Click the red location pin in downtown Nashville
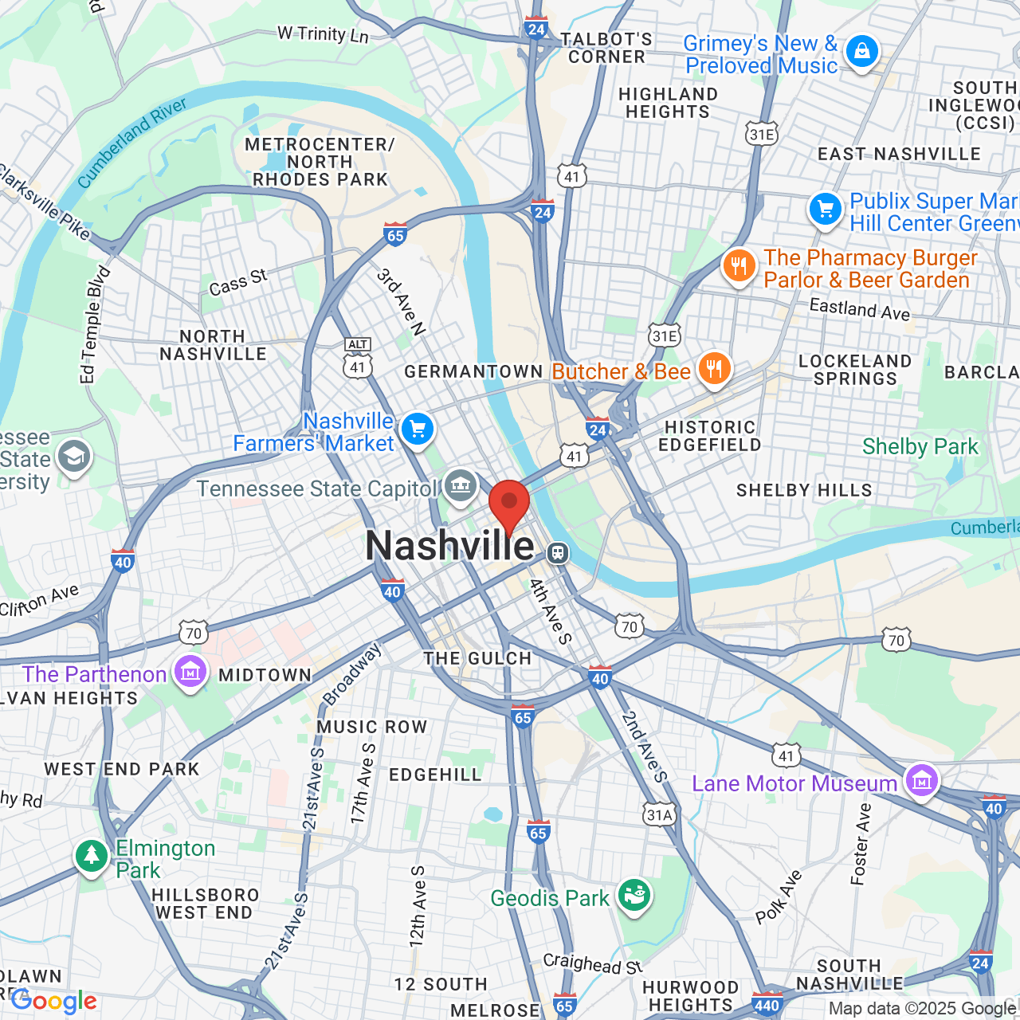pos(509,504)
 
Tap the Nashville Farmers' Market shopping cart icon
pos(417,430)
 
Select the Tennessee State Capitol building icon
pos(460,484)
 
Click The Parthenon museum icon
pos(190,672)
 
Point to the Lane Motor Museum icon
pos(921,780)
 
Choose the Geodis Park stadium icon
pos(634,895)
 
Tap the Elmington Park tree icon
pos(92,857)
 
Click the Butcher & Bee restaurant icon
pos(714,368)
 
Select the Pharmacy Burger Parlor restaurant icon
pos(739,266)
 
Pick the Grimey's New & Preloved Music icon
pos(861,51)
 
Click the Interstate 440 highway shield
pos(767,1004)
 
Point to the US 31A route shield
pos(660,814)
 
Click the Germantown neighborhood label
pos(473,372)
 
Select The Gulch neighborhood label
pos(477,658)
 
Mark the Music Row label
pos(372,727)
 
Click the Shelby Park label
pos(920,446)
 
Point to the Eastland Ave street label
pos(859,308)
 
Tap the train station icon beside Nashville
pos(558,552)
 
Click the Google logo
pos(54,1001)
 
